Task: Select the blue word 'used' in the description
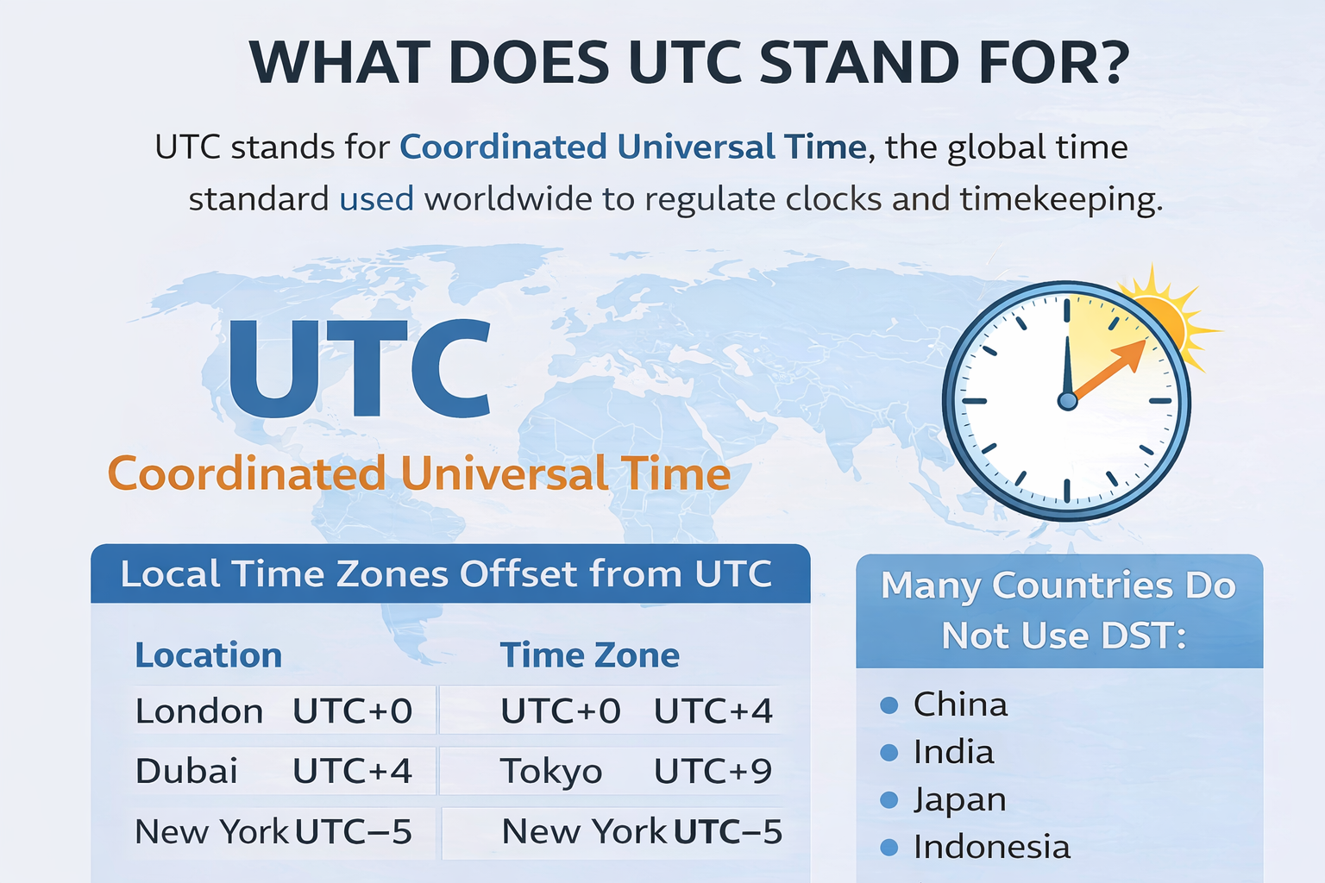pos(376,199)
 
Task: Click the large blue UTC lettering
pos(359,369)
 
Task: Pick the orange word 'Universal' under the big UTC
pos(504,474)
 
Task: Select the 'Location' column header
pos(209,655)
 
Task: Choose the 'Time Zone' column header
pos(590,655)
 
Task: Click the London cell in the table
pos(199,711)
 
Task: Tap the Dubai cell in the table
pos(186,771)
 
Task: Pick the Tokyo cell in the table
pos(551,771)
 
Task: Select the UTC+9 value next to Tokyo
pos(713,771)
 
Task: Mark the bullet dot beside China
pos(889,705)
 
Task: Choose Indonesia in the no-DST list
pos(992,847)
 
